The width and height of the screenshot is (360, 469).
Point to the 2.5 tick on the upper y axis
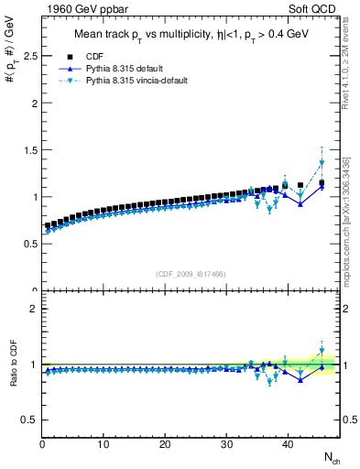point(28,56)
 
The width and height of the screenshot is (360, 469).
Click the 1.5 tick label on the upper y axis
point(28,150)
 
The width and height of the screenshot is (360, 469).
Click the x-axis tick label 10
point(104,445)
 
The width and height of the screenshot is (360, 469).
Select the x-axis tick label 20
point(165,445)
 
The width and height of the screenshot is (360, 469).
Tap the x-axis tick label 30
point(226,445)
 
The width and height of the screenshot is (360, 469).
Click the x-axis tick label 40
point(288,445)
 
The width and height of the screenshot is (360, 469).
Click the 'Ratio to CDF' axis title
point(13,365)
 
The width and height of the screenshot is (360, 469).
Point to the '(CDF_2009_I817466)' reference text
point(191,273)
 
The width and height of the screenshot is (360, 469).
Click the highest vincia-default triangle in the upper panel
point(322,163)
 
